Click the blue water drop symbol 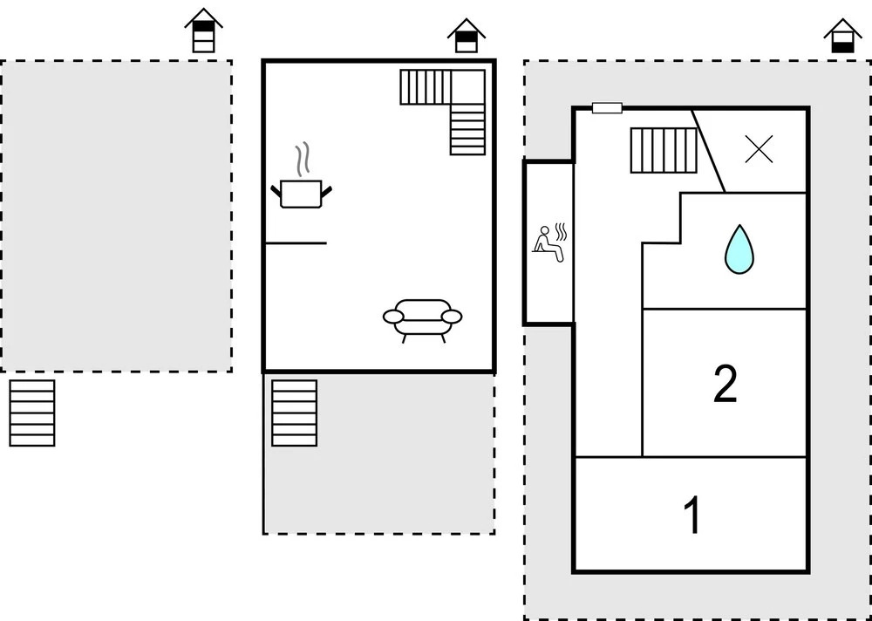739,249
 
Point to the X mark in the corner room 759,151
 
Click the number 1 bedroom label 692,515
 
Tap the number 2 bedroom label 725,384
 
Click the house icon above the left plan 203,32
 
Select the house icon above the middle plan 467,36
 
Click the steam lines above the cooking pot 303,160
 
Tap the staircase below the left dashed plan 32,413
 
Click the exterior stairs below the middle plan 294,413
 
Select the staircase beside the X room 663,150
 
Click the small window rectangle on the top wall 607,108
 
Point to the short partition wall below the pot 295,243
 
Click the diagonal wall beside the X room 709,150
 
